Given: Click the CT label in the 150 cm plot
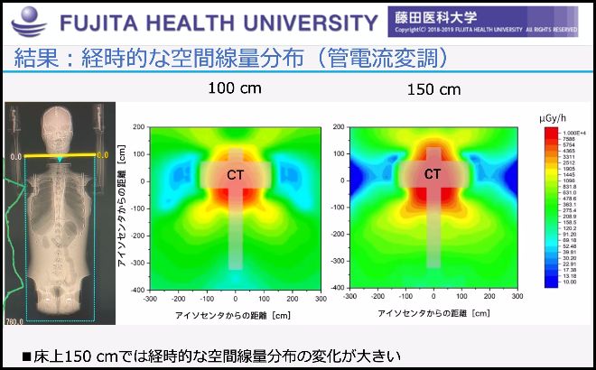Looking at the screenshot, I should [x=433, y=174].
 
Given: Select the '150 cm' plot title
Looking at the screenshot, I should [x=435, y=89].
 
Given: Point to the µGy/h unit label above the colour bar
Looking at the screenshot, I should [x=553, y=119].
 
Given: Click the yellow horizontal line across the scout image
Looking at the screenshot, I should [x=60, y=155].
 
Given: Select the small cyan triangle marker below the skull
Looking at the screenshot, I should [x=60, y=162].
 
